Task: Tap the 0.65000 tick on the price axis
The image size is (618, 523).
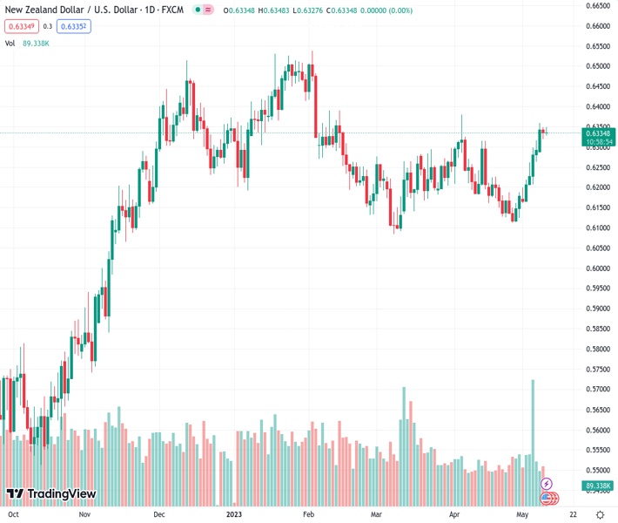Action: tap(596, 66)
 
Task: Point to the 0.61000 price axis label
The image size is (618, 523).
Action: tap(596, 228)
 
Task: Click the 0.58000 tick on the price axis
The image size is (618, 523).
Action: tap(596, 350)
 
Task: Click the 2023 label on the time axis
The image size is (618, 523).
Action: tap(233, 515)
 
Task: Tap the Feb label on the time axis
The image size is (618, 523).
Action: tap(308, 515)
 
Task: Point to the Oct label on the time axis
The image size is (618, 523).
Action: tap(13, 515)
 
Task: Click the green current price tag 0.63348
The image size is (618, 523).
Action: tap(596, 132)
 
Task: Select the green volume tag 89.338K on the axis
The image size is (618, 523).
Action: tap(596, 486)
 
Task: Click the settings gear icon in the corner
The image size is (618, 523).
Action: tap(600, 514)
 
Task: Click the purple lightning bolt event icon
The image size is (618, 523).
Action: tap(547, 484)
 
